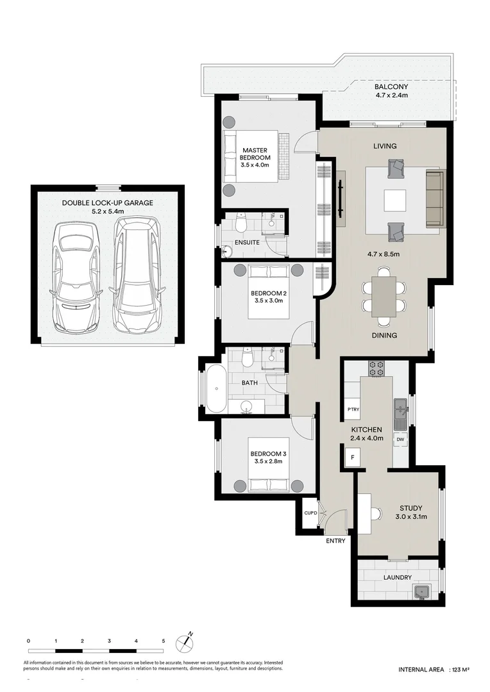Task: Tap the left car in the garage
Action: click(x=76, y=277)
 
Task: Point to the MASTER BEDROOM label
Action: click(x=255, y=157)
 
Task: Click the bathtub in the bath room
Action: click(x=216, y=388)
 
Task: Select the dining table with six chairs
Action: click(x=384, y=297)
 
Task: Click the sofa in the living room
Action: click(x=435, y=199)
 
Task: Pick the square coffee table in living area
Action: click(x=394, y=201)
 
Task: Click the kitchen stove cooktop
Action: click(x=376, y=368)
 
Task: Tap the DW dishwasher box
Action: click(x=400, y=439)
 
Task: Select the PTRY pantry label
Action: click(x=352, y=409)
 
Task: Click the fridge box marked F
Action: click(x=351, y=457)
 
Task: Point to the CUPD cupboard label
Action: click(x=310, y=513)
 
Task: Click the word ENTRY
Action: click(x=335, y=541)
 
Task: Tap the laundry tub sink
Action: click(x=422, y=591)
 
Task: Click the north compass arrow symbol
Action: click(x=189, y=639)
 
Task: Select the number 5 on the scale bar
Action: click(x=164, y=641)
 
